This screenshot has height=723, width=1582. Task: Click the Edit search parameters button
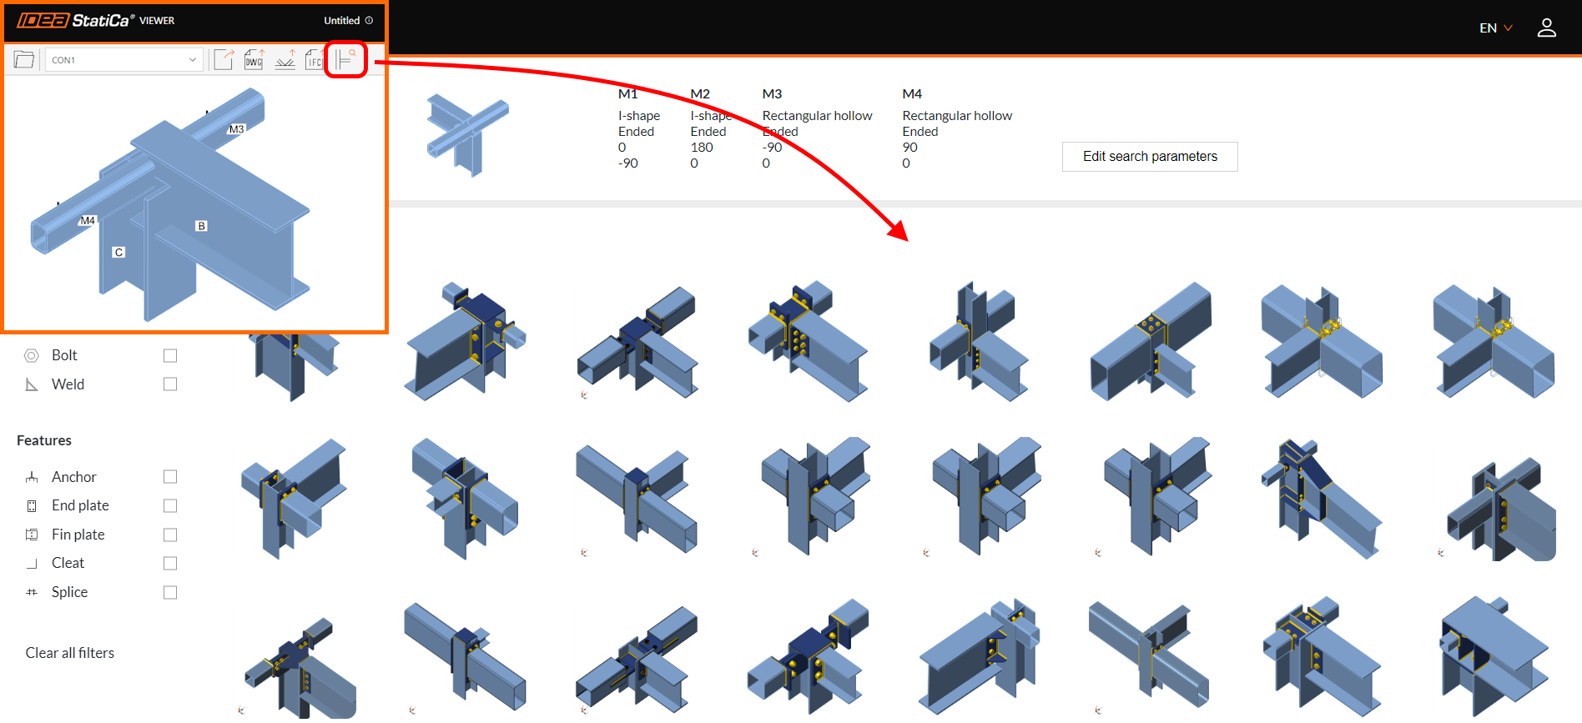1149,157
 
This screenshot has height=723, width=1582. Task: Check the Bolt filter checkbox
170,356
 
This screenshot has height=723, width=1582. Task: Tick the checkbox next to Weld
170,384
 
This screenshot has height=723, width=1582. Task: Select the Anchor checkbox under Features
170,477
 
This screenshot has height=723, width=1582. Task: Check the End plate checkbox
170,506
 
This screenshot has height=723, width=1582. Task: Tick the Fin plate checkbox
170,535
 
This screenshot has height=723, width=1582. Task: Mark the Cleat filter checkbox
170,564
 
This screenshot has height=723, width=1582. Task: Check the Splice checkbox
170,593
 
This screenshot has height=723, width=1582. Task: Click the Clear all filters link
70,653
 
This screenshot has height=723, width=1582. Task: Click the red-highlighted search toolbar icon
345,59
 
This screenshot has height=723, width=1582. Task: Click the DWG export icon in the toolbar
254,59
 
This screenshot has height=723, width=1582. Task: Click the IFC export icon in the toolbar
314,59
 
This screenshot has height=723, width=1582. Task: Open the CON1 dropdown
123,60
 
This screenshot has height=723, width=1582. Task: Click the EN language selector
1495,28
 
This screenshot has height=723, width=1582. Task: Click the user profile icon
1546,28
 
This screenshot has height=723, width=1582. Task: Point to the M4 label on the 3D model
88,221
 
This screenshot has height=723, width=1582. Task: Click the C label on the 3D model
118,252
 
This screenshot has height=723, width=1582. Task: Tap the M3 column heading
772,94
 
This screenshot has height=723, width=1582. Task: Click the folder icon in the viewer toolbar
24,59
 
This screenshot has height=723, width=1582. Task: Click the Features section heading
44,440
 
